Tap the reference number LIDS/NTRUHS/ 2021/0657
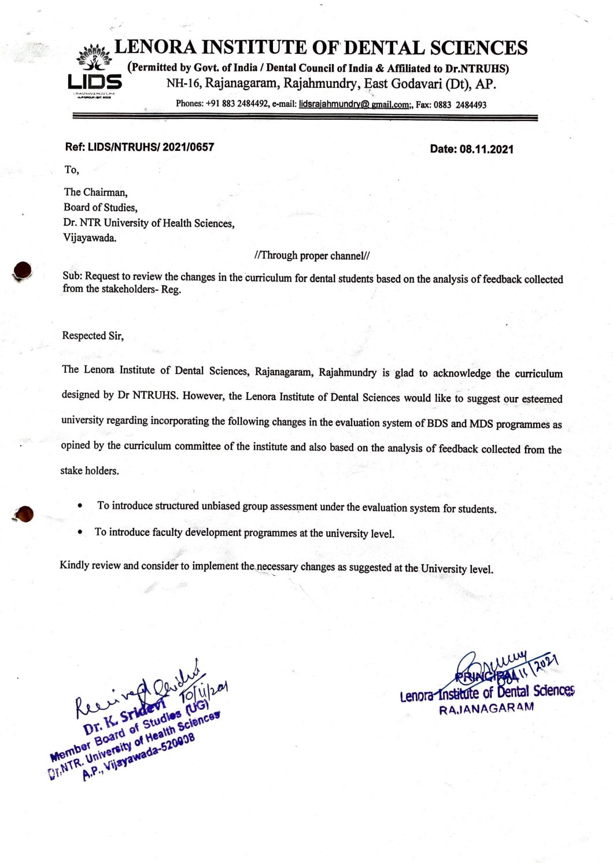tap(150, 147)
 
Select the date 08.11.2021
tap(486, 149)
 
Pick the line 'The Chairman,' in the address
tap(95, 192)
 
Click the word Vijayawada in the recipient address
tap(89, 238)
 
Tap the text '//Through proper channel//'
tap(312, 255)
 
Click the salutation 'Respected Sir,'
tap(93, 335)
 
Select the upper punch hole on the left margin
tap(23, 270)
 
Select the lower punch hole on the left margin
tap(24, 513)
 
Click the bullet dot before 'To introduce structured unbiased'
tap(80, 505)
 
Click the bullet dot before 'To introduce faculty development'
tap(80, 531)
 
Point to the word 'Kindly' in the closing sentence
tap(74, 565)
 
